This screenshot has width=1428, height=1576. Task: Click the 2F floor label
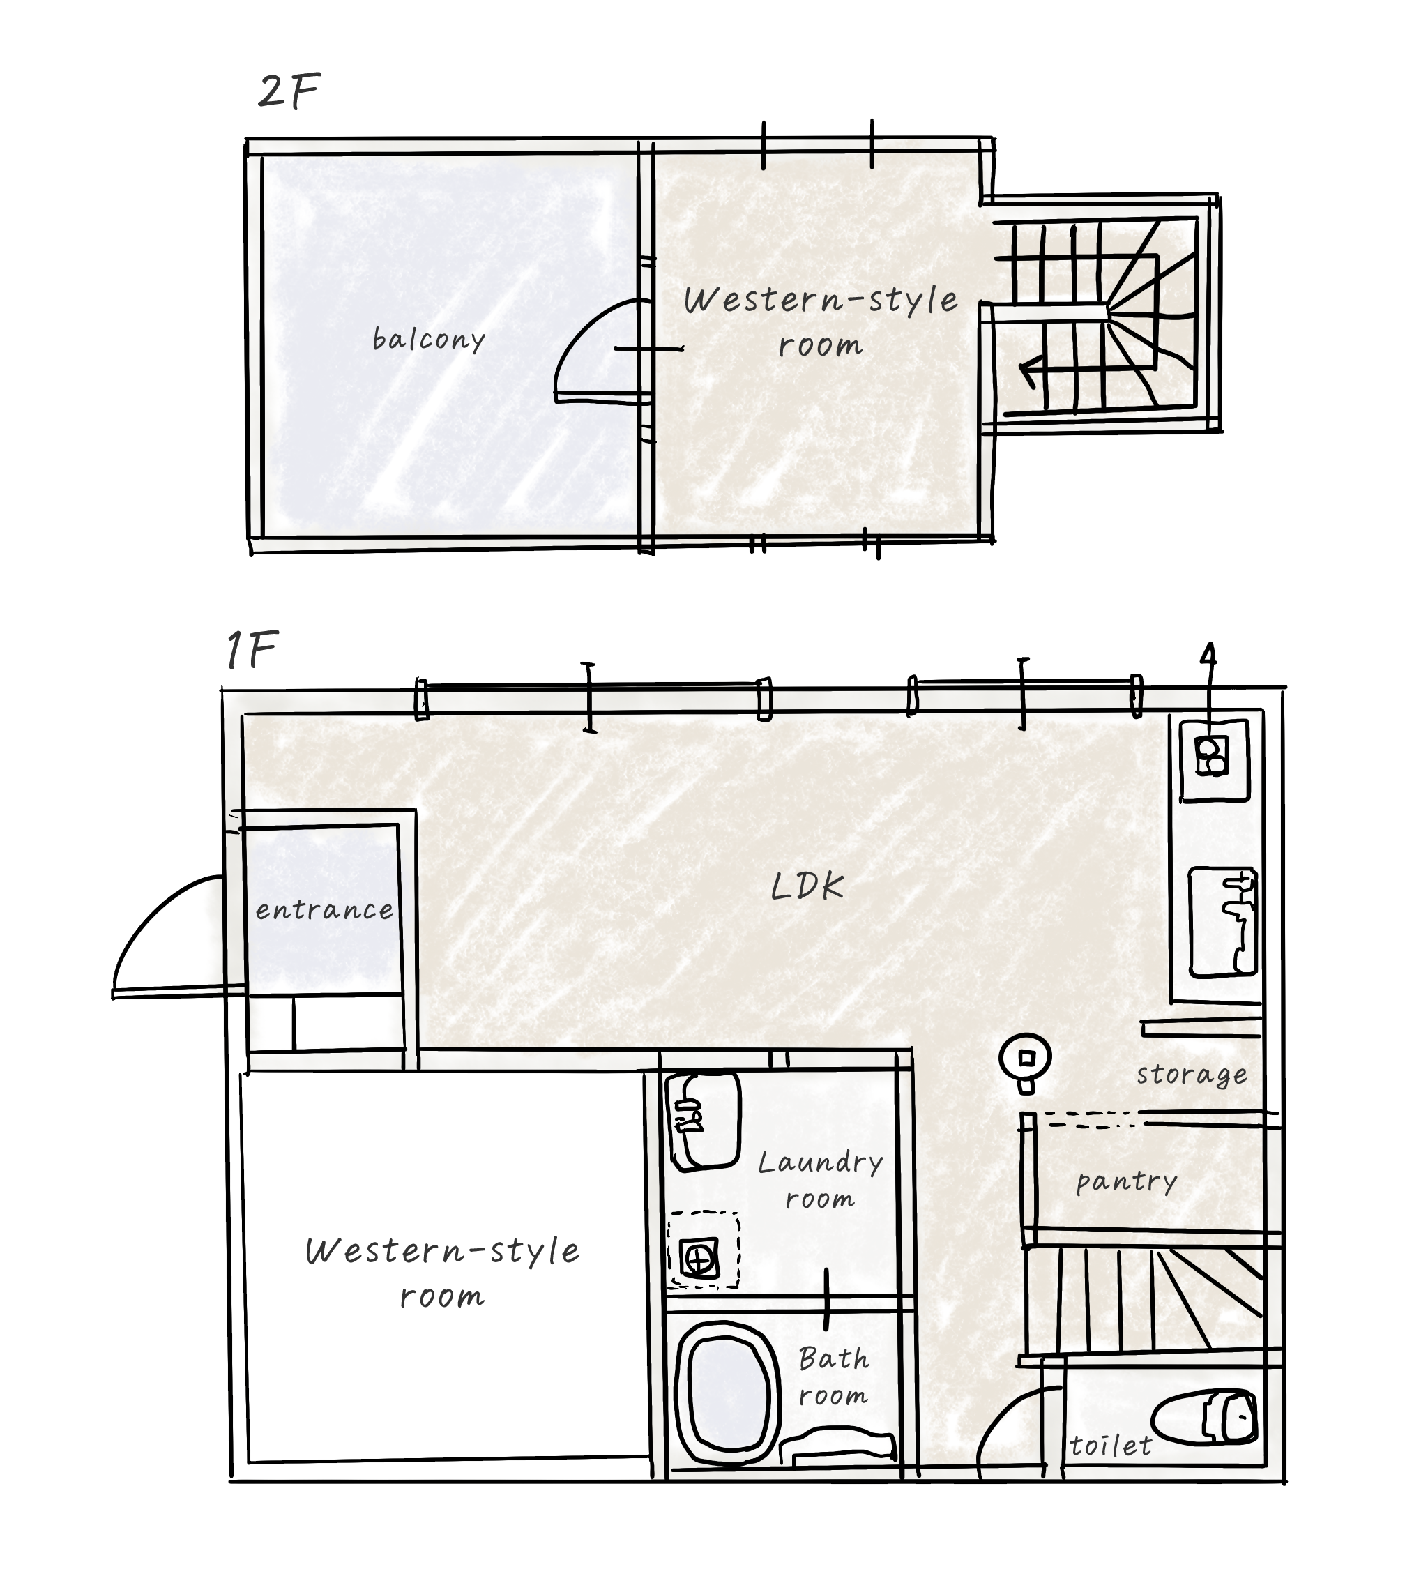[289, 91]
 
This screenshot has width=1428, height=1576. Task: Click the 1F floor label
[252, 651]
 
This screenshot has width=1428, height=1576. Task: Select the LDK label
[807, 886]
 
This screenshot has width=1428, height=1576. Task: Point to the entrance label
[324, 910]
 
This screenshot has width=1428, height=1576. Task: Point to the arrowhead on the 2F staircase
[1030, 373]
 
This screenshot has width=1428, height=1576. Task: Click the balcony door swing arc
[582, 332]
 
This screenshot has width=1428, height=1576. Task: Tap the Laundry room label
[821, 1181]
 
